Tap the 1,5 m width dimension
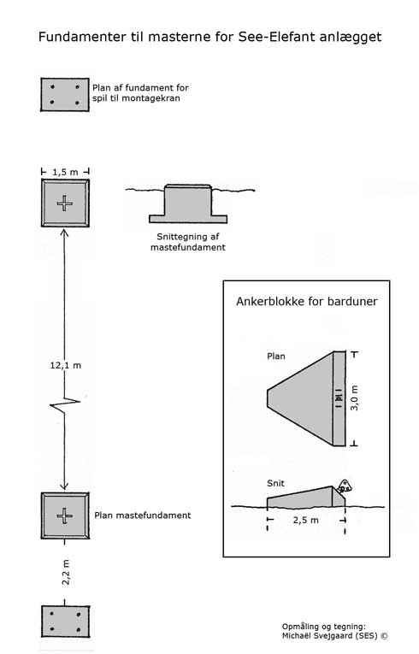(65, 172)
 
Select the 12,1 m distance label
(66, 365)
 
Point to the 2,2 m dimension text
(66, 572)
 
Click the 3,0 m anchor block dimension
(354, 398)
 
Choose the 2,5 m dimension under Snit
(305, 520)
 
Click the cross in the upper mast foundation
(65, 203)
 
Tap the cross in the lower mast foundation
(65, 516)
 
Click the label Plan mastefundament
(142, 516)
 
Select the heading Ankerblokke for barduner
(307, 302)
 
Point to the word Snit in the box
(275, 483)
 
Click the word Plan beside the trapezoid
(276, 356)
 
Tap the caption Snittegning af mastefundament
(188, 242)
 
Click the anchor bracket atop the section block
(345, 486)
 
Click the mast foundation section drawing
(188, 203)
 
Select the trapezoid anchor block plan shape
(306, 398)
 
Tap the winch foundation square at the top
(65, 95)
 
